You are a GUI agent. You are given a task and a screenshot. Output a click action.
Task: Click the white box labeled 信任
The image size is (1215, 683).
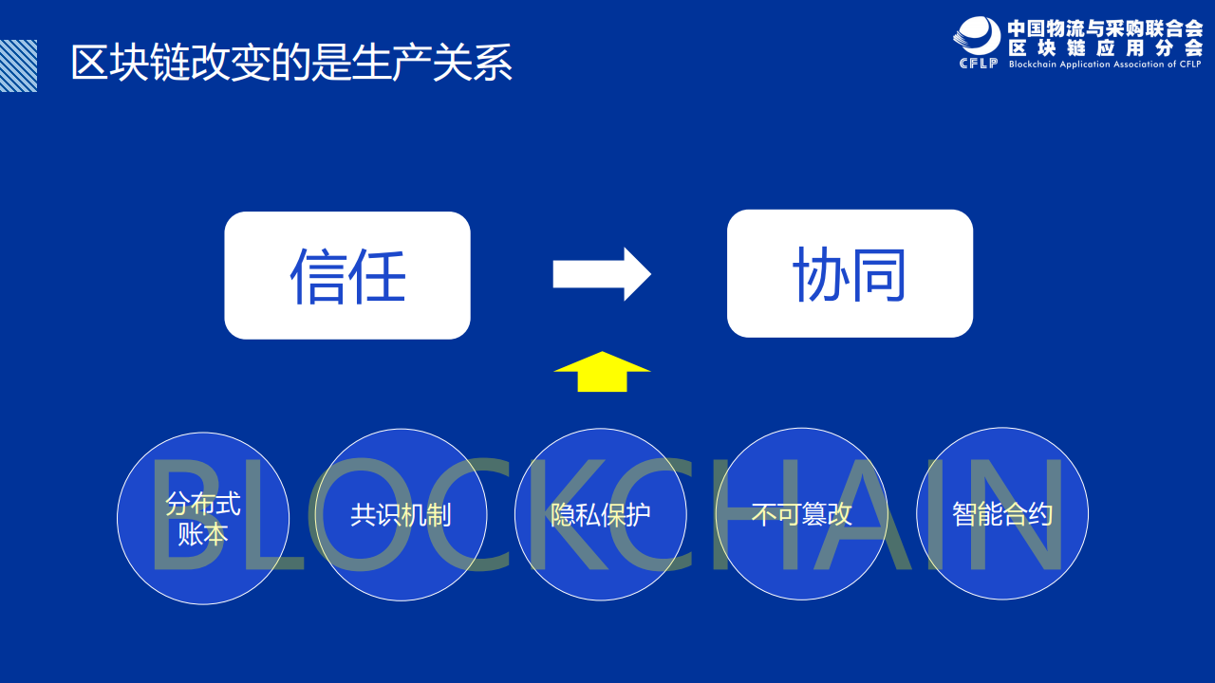(347, 275)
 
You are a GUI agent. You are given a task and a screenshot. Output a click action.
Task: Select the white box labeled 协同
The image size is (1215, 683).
(850, 274)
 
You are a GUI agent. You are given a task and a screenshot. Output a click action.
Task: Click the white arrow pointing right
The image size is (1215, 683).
(602, 274)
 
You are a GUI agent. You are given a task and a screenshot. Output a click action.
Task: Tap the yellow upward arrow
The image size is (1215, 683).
(602, 372)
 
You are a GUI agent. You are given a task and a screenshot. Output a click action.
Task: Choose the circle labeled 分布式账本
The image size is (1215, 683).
(203, 518)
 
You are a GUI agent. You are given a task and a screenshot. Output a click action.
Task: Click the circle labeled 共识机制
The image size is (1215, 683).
(401, 514)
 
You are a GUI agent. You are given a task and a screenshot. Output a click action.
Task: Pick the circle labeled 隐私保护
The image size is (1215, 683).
(601, 514)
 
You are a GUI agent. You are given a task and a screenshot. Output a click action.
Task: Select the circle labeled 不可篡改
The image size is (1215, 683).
(802, 514)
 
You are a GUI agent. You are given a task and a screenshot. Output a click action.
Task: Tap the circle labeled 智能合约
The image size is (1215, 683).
(1002, 513)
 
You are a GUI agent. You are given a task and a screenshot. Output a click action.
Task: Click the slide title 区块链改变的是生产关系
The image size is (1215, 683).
(291, 63)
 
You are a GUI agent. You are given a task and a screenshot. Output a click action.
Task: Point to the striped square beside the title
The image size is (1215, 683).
(18, 65)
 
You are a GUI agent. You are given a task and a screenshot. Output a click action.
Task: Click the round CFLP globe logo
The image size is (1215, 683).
(978, 36)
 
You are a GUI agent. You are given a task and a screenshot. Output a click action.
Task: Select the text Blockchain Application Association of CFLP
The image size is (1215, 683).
(1105, 64)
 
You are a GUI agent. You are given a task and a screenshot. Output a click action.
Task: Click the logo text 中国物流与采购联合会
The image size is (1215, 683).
(1105, 28)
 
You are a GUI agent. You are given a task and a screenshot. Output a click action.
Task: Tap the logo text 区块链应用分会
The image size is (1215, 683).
(1105, 48)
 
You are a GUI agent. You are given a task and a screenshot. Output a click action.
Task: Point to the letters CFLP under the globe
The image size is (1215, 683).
(979, 64)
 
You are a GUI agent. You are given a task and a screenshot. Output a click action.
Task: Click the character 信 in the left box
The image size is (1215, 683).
(317, 275)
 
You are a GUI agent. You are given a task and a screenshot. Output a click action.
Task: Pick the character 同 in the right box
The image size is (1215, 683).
(878, 274)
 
